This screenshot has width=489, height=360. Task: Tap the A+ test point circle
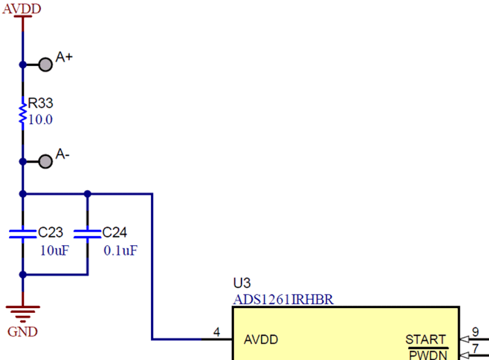pyautogui.click(x=45, y=64)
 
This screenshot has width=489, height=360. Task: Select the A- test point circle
pyautogui.click(x=45, y=161)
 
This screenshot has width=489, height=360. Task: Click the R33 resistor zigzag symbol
pyautogui.click(x=23, y=114)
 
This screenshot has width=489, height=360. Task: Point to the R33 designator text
pyautogui.click(x=40, y=103)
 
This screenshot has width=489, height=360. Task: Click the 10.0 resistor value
pyautogui.click(x=40, y=120)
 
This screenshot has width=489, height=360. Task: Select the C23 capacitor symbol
pyautogui.click(x=23, y=233)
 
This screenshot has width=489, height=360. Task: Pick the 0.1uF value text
pyautogui.click(x=120, y=249)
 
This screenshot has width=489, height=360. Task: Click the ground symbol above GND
pyautogui.click(x=23, y=312)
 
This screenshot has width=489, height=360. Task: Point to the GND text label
pyautogui.click(x=23, y=332)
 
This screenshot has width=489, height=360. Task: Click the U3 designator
pyautogui.click(x=242, y=284)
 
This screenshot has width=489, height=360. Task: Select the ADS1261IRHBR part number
pyautogui.click(x=283, y=299)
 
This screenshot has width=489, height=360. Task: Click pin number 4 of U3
pyautogui.click(x=216, y=332)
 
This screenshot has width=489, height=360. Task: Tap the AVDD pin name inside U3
pyautogui.click(x=260, y=339)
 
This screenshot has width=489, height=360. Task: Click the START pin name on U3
pyautogui.click(x=425, y=340)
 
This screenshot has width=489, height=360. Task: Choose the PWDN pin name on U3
pyautogui.click(x=427, y=354)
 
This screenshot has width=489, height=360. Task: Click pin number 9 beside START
pyautogui.click(x=475, y=333)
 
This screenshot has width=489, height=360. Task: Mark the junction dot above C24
pyautogui.click(x=87, y=194)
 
